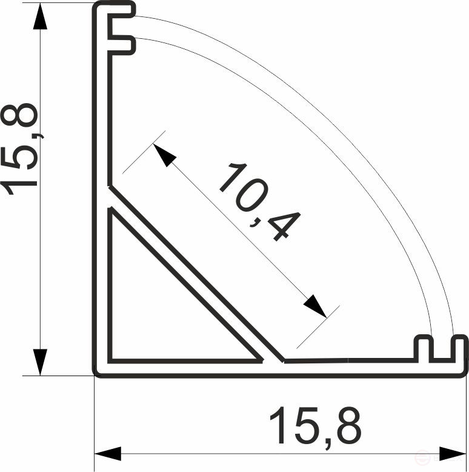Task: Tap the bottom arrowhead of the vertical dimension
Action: point(40,361)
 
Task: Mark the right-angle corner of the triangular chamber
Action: point(111,359)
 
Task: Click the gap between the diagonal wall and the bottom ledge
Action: point(274,361)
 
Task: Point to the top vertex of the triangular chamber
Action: point(111,211)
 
